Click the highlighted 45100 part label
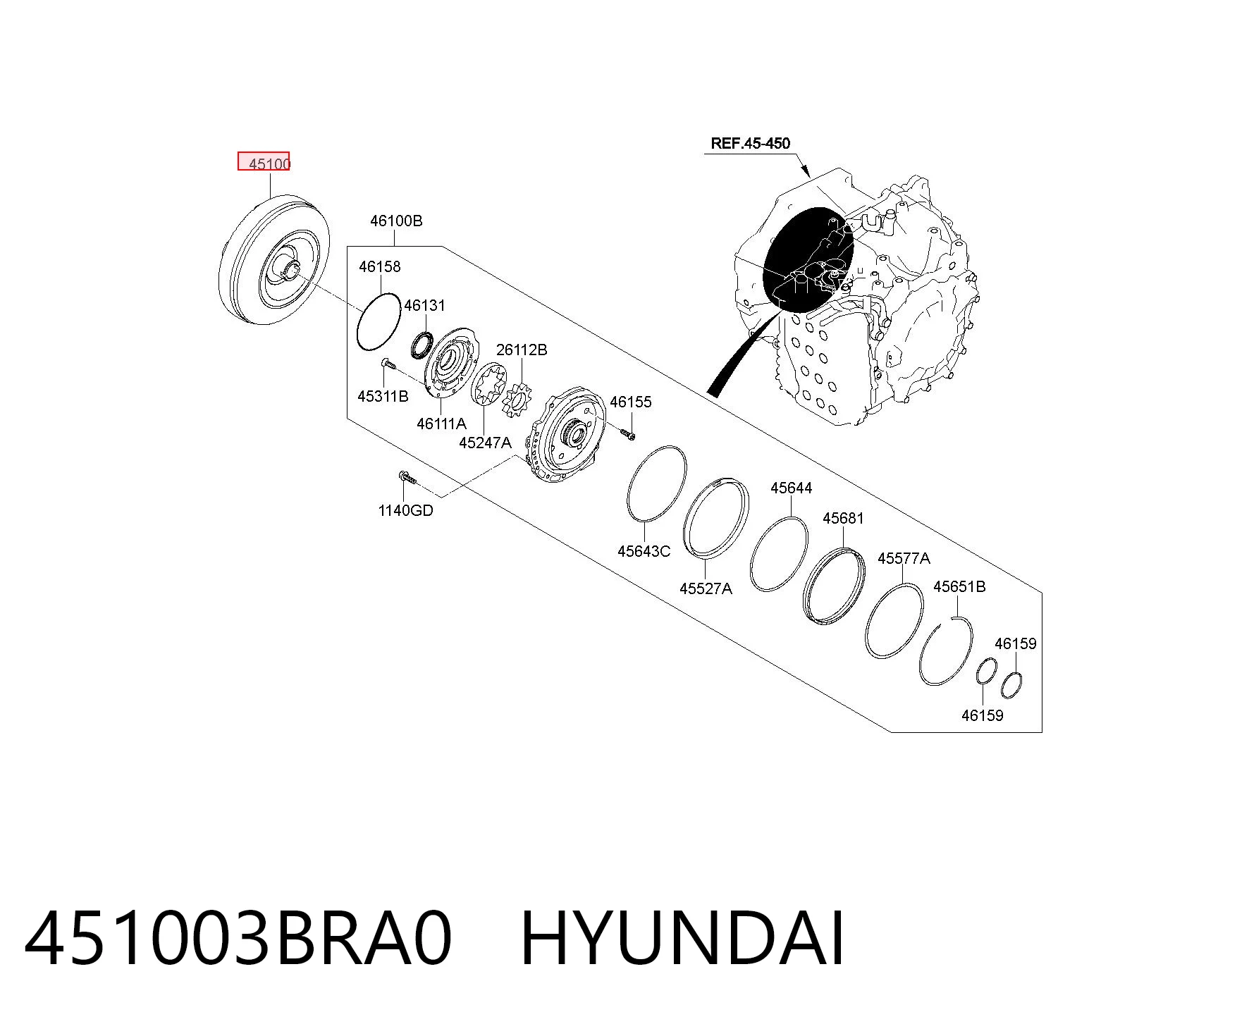(269, 164)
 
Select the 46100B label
(396, 221)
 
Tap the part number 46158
(379, 266)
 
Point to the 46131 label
(424, 305)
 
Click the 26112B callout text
(522, 350)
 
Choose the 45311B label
(383, 396)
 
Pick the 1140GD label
(405, 510)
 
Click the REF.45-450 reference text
(751, 143)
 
